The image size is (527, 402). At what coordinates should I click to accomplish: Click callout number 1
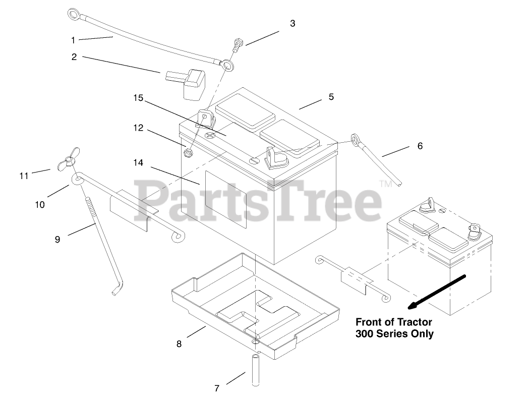tap(73, 39)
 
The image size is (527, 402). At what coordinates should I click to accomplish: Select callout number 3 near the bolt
tap(292, 24)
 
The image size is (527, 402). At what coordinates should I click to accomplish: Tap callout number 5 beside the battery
tap(331, 97)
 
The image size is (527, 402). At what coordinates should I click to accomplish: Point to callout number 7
tap(217, 388)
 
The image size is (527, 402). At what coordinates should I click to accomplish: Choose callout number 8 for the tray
tap(179, 344)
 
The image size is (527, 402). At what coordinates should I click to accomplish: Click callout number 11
tap(24, 176)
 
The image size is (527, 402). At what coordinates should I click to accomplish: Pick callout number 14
tap(139, 163)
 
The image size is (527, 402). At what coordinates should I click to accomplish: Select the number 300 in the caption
tap(366, 333)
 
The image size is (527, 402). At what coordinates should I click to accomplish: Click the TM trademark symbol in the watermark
tap(385, 184)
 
